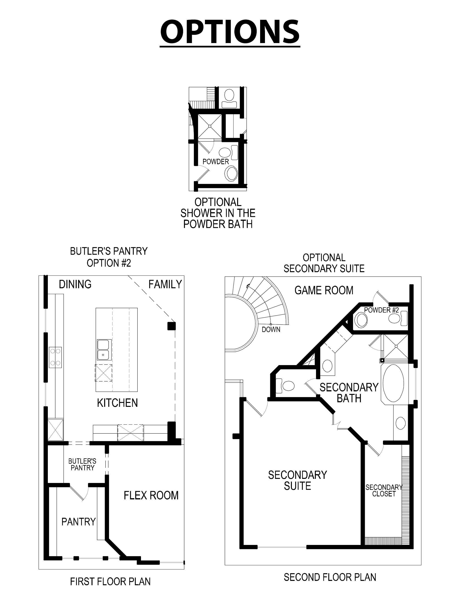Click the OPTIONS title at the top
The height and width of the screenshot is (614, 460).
(230, 32)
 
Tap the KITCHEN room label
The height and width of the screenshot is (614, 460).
(117, 403)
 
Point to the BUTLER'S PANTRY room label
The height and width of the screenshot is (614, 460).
(82, 464)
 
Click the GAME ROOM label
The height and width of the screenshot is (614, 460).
(324, 290)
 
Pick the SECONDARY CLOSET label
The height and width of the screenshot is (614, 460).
(384, 490)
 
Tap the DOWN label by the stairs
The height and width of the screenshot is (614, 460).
(271, 329)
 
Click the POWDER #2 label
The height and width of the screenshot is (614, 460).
(381, 310)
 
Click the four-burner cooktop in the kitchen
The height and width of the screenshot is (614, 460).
(55, 357)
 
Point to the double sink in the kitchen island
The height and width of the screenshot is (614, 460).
(104, 350)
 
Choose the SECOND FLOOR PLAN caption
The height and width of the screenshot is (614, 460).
(330, 577)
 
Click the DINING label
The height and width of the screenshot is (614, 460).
(75, 284)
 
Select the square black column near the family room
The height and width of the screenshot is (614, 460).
(172, 326)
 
